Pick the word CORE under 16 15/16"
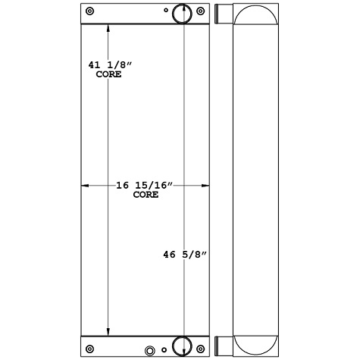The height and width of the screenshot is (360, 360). (146, 195)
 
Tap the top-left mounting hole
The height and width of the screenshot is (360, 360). (91, 11)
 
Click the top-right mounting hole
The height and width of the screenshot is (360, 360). (201, 11)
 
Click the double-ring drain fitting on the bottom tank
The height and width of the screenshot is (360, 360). (150, 351)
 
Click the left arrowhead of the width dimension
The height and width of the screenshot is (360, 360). (85, 185)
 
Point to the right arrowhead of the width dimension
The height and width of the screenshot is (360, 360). (206, 185)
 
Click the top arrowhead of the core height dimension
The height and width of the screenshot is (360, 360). (108, 29)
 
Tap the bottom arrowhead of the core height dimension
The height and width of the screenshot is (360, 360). (108, 331)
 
